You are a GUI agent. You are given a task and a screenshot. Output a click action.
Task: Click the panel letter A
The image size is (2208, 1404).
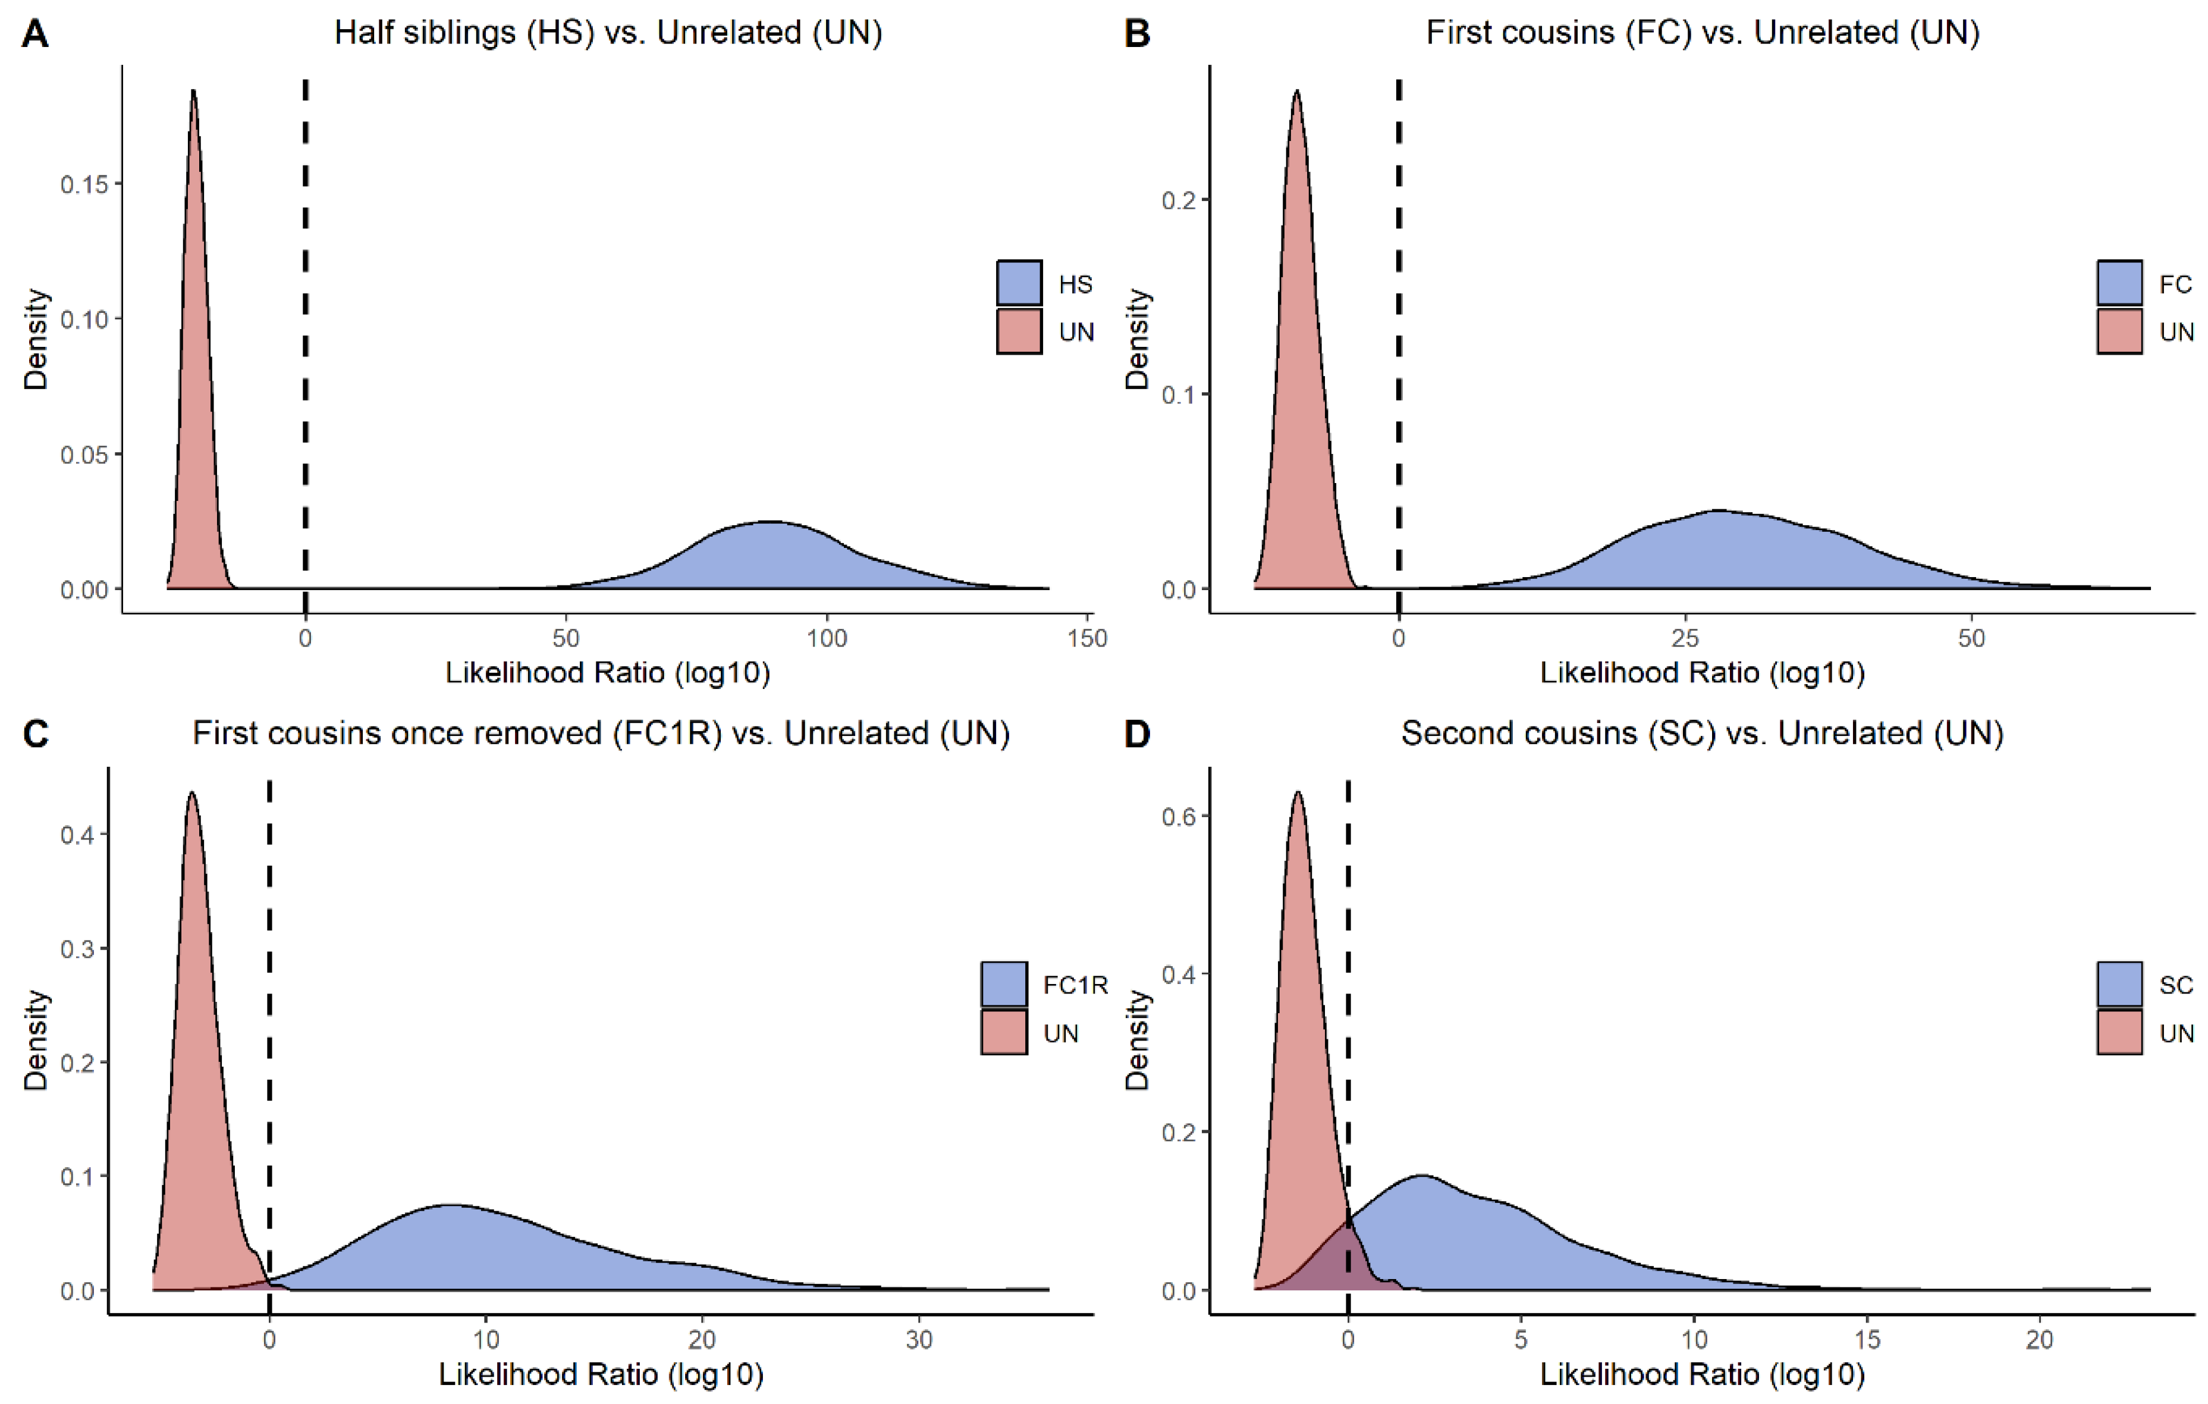pos(35,34)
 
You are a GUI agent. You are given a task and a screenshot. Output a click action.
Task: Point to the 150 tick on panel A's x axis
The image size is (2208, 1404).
pos(1088,638)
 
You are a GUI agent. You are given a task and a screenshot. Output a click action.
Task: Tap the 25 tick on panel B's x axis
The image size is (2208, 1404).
pos(1685,638)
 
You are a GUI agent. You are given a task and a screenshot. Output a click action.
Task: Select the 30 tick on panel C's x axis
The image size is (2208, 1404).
pos(919,1340)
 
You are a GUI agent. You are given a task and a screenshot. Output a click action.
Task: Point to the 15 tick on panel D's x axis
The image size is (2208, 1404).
pos(1867,1340)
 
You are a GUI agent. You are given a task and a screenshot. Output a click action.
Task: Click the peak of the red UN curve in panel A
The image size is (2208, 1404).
pos(193,92)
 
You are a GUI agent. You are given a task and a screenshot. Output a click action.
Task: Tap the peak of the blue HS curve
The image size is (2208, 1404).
pos(770,522)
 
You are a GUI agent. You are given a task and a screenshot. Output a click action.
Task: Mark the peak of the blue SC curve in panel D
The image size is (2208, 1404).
pos(1421,1176)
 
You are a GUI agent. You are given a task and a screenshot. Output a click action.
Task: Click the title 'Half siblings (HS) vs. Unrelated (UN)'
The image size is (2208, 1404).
pos(608,33)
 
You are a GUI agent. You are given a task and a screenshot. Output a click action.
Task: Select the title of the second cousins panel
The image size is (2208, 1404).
pos(1702,734)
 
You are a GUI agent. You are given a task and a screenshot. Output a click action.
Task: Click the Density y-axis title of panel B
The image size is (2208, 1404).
pos(1137,339)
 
